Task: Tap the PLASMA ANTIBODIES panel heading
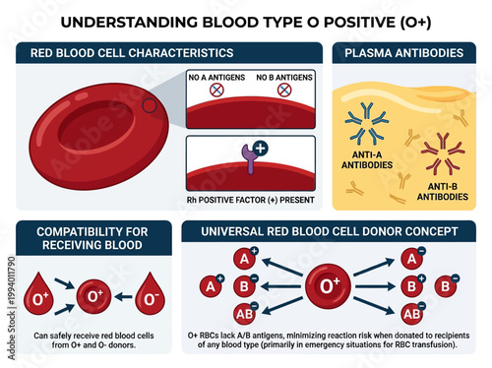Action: coord(403,52)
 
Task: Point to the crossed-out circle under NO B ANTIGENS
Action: coord(283,90)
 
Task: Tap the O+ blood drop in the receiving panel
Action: coord(39,292)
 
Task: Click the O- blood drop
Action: coord(151,292)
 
